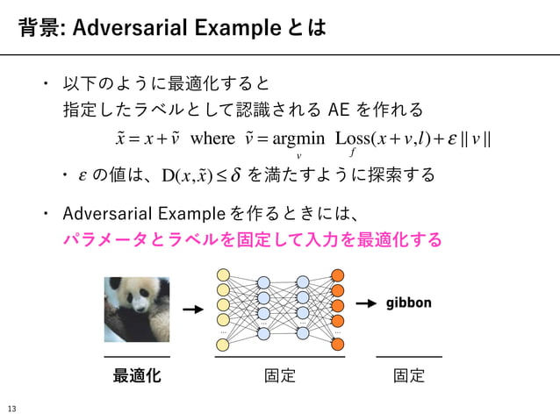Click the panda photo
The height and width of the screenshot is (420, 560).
pyautogui.click(x=137, y=310)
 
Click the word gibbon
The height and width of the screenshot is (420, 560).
pyautogui.click(x=409, y=303)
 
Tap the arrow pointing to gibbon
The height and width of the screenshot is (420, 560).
pyautogui.click(x=367, y=303)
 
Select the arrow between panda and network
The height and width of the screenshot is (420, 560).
pyautogui.click(x=191, y=310)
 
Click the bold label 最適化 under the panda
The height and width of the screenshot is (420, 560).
pyautogui.click(x=137, y=377)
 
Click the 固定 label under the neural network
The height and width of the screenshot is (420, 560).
pyautogui.click(x=279, y=377)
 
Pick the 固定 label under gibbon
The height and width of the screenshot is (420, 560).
pyautogui.click(x=409, y=377)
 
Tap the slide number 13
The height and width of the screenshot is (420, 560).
pyautogui.click(x=12, y=409)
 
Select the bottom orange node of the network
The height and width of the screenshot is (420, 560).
pyautogui.click(x=338, y=344)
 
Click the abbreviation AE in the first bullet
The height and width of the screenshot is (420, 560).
pyautogui.click(x=339, y=110)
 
